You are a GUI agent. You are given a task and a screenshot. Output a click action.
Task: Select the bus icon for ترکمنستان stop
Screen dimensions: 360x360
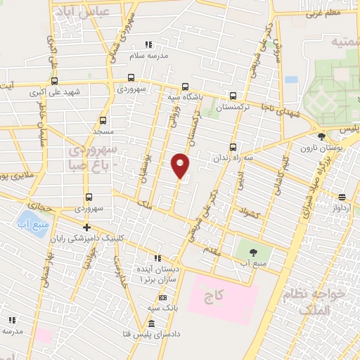233,96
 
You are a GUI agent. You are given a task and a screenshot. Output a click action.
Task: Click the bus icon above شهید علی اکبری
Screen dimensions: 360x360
53,79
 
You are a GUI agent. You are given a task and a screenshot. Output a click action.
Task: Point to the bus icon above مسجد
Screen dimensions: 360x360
103,120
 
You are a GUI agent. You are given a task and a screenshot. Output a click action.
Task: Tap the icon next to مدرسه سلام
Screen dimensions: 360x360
148,44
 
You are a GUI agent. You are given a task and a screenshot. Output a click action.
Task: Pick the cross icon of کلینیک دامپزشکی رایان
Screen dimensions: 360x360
86,226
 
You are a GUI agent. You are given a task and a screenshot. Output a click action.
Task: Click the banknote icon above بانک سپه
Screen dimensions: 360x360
163,297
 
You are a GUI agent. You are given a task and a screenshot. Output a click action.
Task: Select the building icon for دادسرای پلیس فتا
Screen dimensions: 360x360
152,323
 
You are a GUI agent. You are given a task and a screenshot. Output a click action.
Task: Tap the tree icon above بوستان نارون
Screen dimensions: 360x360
321,136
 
